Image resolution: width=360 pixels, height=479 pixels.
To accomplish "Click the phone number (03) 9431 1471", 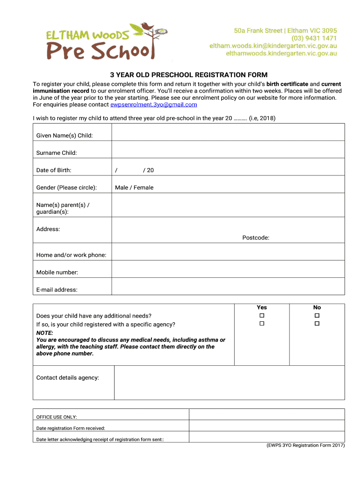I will [314, 38].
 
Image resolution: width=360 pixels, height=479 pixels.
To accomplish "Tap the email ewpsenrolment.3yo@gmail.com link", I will [154, 105].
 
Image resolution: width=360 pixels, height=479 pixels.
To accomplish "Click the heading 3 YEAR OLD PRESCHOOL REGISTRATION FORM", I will [188, 75].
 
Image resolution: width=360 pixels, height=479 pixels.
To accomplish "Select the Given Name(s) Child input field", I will [228, 136].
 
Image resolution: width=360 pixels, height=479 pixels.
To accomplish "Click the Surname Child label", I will [57, 153].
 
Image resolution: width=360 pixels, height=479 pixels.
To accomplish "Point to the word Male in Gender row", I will [122, 188].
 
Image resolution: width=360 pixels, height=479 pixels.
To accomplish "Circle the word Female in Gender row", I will [144, 188].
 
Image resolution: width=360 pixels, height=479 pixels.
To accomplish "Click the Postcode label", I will [256, 238].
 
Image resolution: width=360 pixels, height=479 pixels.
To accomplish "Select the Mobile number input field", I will [228, 272].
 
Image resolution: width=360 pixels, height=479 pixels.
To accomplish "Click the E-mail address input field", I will [228, 290].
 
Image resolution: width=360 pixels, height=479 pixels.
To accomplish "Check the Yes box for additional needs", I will [262, 316].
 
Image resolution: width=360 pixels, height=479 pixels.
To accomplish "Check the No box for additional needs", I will [317, 316].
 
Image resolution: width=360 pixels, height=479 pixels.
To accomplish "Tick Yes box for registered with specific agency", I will [262, 324].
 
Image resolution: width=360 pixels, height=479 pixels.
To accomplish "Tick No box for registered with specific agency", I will [317, 324].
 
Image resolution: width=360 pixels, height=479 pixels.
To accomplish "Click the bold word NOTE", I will [44, 333].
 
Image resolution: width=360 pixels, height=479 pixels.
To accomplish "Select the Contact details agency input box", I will [229, 382].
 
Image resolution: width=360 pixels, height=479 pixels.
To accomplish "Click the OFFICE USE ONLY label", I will [57, 417].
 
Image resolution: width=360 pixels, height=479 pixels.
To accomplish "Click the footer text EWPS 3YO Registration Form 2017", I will [302, 445].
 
